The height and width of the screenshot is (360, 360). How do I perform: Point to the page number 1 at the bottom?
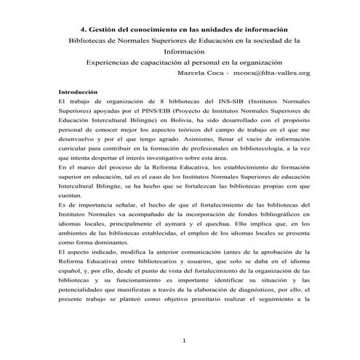point(185,340)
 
